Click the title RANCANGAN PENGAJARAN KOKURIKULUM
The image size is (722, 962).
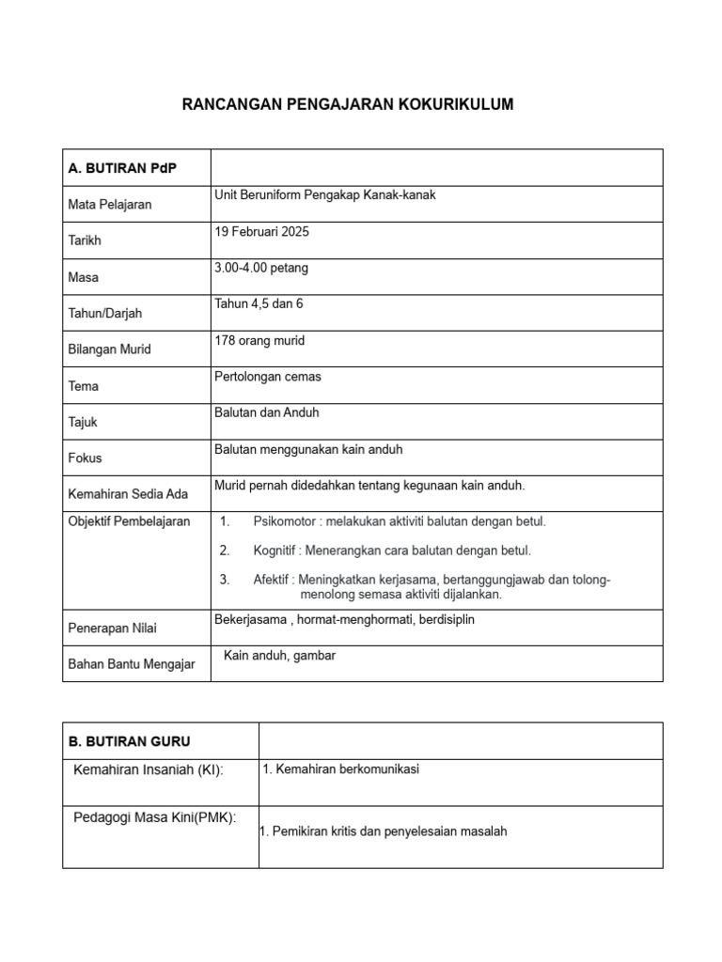point(348,105)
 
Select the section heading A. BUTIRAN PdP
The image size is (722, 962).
point(122,168)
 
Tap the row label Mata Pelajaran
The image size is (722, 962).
point(110,204)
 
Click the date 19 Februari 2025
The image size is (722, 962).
point(262,231)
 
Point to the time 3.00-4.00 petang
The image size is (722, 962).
point(261,268)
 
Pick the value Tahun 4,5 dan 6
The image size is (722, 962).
point(259,303)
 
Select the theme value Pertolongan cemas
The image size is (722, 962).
point(268,376)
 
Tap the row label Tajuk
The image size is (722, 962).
point(84,422)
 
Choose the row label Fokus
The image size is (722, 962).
point(86,458)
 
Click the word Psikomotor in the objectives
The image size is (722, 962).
point(285,520)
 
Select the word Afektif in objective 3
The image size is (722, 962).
point(274,580)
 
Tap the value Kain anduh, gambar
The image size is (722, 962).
point(279,656)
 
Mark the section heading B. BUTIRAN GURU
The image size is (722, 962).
point(130,741)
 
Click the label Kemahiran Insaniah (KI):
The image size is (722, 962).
point(149,770)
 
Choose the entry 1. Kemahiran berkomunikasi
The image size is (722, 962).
point(341,768)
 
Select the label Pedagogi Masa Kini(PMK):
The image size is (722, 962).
point(155,816)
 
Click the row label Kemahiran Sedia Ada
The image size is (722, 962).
point(129,494)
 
